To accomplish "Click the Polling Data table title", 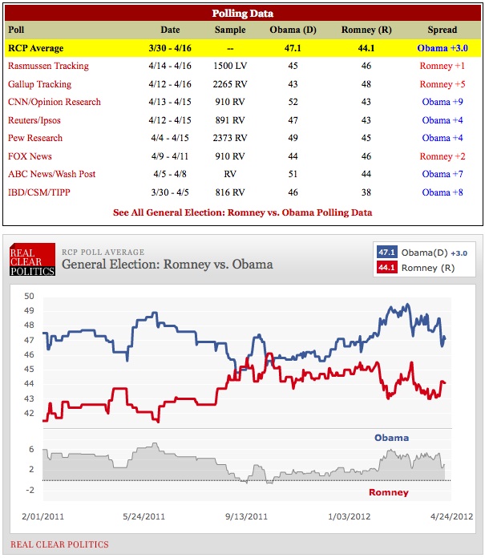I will coord(242,14).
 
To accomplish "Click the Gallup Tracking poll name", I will coord(39,84).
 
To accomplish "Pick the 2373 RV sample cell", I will coord(230,138).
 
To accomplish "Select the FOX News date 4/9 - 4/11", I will coord(164,156).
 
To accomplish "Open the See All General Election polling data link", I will coord(242,212).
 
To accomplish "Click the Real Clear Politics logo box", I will coord(31,259).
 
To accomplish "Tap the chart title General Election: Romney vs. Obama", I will coord(167,265).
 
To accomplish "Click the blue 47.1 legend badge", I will coord(388,252).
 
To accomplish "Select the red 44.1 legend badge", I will coord(388,268).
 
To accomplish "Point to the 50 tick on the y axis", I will coord(29,297).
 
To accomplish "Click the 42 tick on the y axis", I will coord(29,414).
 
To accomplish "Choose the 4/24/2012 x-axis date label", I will coord(451,516).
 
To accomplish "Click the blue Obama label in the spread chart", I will coord(391,438).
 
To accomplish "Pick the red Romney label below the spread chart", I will coord(388,492).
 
